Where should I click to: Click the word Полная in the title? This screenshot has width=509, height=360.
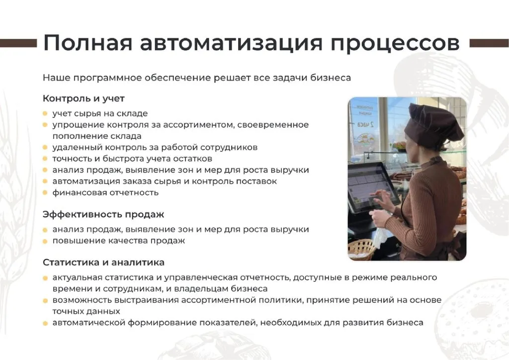(x=87, y=43)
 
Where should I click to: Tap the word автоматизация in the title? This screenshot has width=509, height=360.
(x=231, y=43)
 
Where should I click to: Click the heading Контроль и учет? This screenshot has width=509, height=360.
(x=84, y=98)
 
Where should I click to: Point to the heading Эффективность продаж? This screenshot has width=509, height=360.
(x=103, y=215)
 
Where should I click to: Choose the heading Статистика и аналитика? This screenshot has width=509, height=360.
(x=103, y=262)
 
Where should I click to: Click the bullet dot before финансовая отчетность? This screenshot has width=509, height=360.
(x=45, y=193)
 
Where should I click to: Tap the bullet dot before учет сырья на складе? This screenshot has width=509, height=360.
(x=45, y=113)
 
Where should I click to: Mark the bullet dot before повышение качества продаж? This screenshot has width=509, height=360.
(x=45, y=241)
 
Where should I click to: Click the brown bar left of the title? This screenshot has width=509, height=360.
(x=18, y=43)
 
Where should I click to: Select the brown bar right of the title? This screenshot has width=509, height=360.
(x=489, y=43)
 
